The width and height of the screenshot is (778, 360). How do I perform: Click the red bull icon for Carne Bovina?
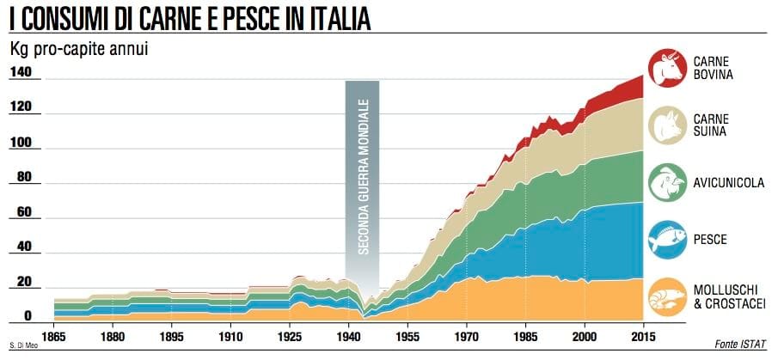coord(667,68)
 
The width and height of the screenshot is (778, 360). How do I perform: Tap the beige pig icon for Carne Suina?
coord(667,125)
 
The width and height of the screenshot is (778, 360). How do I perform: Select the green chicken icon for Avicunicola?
coord(667,183)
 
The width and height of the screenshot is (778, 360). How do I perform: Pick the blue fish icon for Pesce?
coord(667,240)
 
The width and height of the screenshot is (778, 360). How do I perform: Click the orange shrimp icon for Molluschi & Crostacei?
coord(667,297)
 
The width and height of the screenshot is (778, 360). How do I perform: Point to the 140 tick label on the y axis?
coord(20,73)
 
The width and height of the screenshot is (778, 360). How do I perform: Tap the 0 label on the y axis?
coord(28,316)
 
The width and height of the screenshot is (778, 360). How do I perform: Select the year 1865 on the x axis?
coord(53,337)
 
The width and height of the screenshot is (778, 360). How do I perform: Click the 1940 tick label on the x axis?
coord(349,337)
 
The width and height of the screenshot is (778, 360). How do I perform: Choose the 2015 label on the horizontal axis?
coord(643,337)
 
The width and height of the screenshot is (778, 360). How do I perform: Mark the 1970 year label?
coord(467,337)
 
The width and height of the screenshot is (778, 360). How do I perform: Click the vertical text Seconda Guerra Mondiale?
coord(364,177)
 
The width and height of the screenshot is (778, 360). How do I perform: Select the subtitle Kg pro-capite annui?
coord(79,50)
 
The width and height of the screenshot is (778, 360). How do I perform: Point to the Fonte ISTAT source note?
coord(740,344)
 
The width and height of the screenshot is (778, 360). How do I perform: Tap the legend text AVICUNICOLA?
coord(729,184)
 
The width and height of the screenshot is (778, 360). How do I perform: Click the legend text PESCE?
coord(710,240)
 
